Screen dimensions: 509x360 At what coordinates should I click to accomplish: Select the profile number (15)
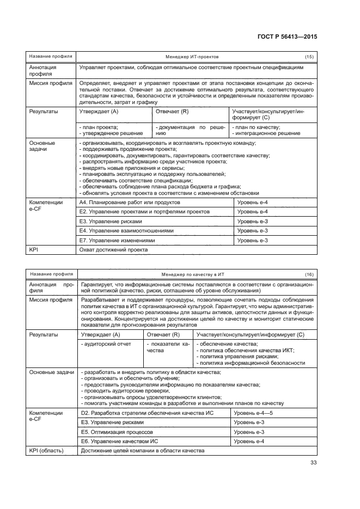pos(309,57)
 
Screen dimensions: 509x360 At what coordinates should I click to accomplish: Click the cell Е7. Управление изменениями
pos(117,240)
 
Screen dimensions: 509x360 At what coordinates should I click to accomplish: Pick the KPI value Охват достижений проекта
pos(113,250)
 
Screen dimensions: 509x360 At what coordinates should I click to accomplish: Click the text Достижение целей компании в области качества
pos(142,451)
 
